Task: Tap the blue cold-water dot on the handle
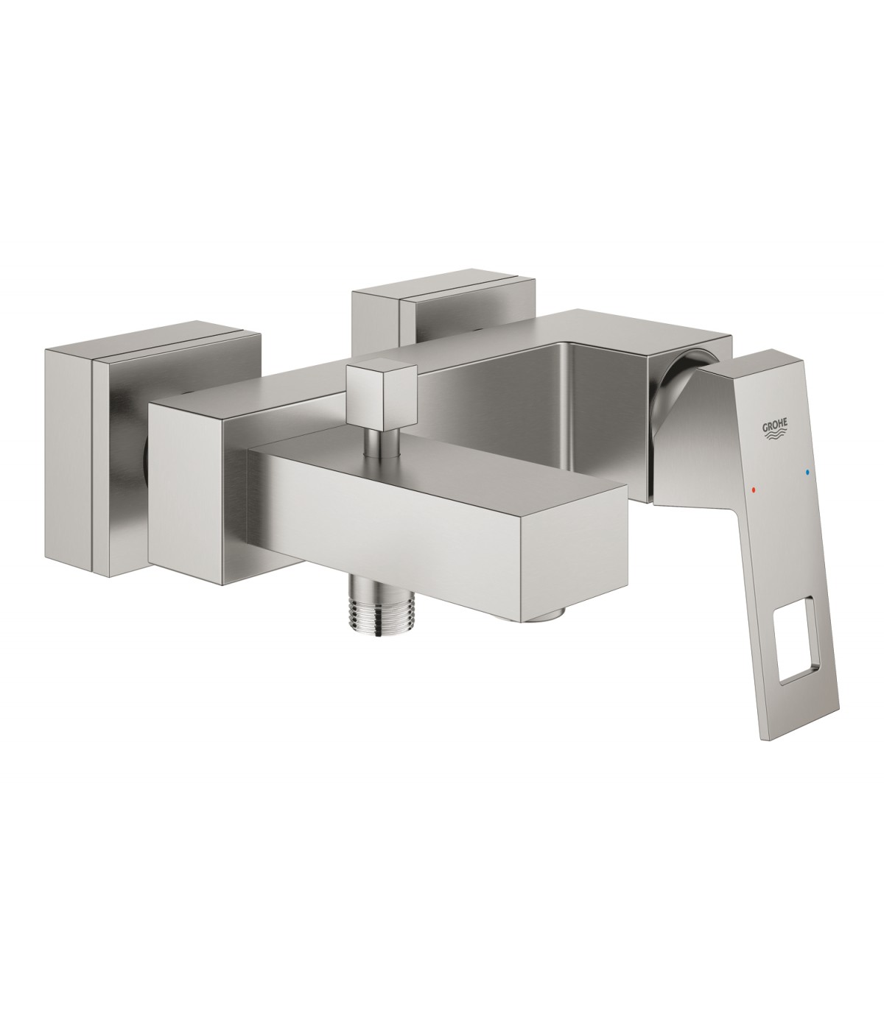[x=807, y=473]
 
